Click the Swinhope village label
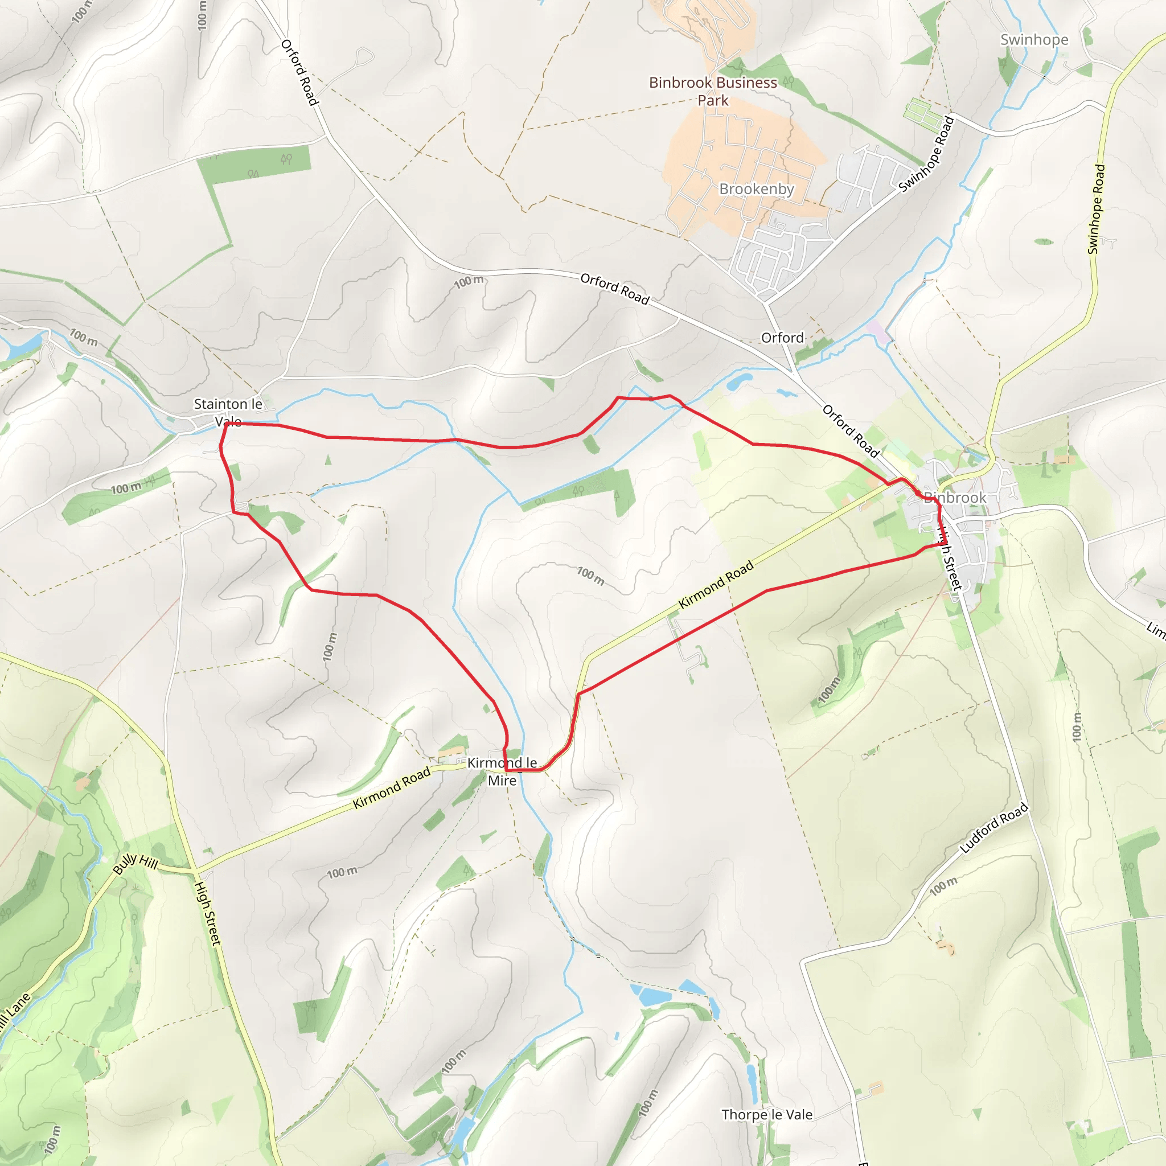pyautogui.click(x=1034, y=40)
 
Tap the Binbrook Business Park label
pyautogui.click(x=713, y=91)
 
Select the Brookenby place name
pyautogui.click(x=756, y=189)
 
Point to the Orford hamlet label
pyautogui.click(x=782, y=338)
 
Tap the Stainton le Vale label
pyautogui.click(x=228, y=412)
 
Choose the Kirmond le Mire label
pyautogui.click(x=502, y=771)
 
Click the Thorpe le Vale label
pyautogui.click(x=766, y=1115)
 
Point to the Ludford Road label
pyautogui.click(x=993, y=828)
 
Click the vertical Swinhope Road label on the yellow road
pyautogui.click(x=1096, y=210)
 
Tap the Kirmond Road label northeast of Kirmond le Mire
pyautogui.click(x=716, y=584)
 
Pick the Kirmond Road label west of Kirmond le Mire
pyautogui.click(x=391, y=787)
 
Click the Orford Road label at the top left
pyautogui.click(x=299, y=72)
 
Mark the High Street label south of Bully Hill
pyautogui.click(x=208, y=913)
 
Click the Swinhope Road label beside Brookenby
pyautogui.click(x=926, y=154)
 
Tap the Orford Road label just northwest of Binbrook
pyautogui.click(x=851, y=431)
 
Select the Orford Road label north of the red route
pyautogui.click(x=614, y=289)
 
